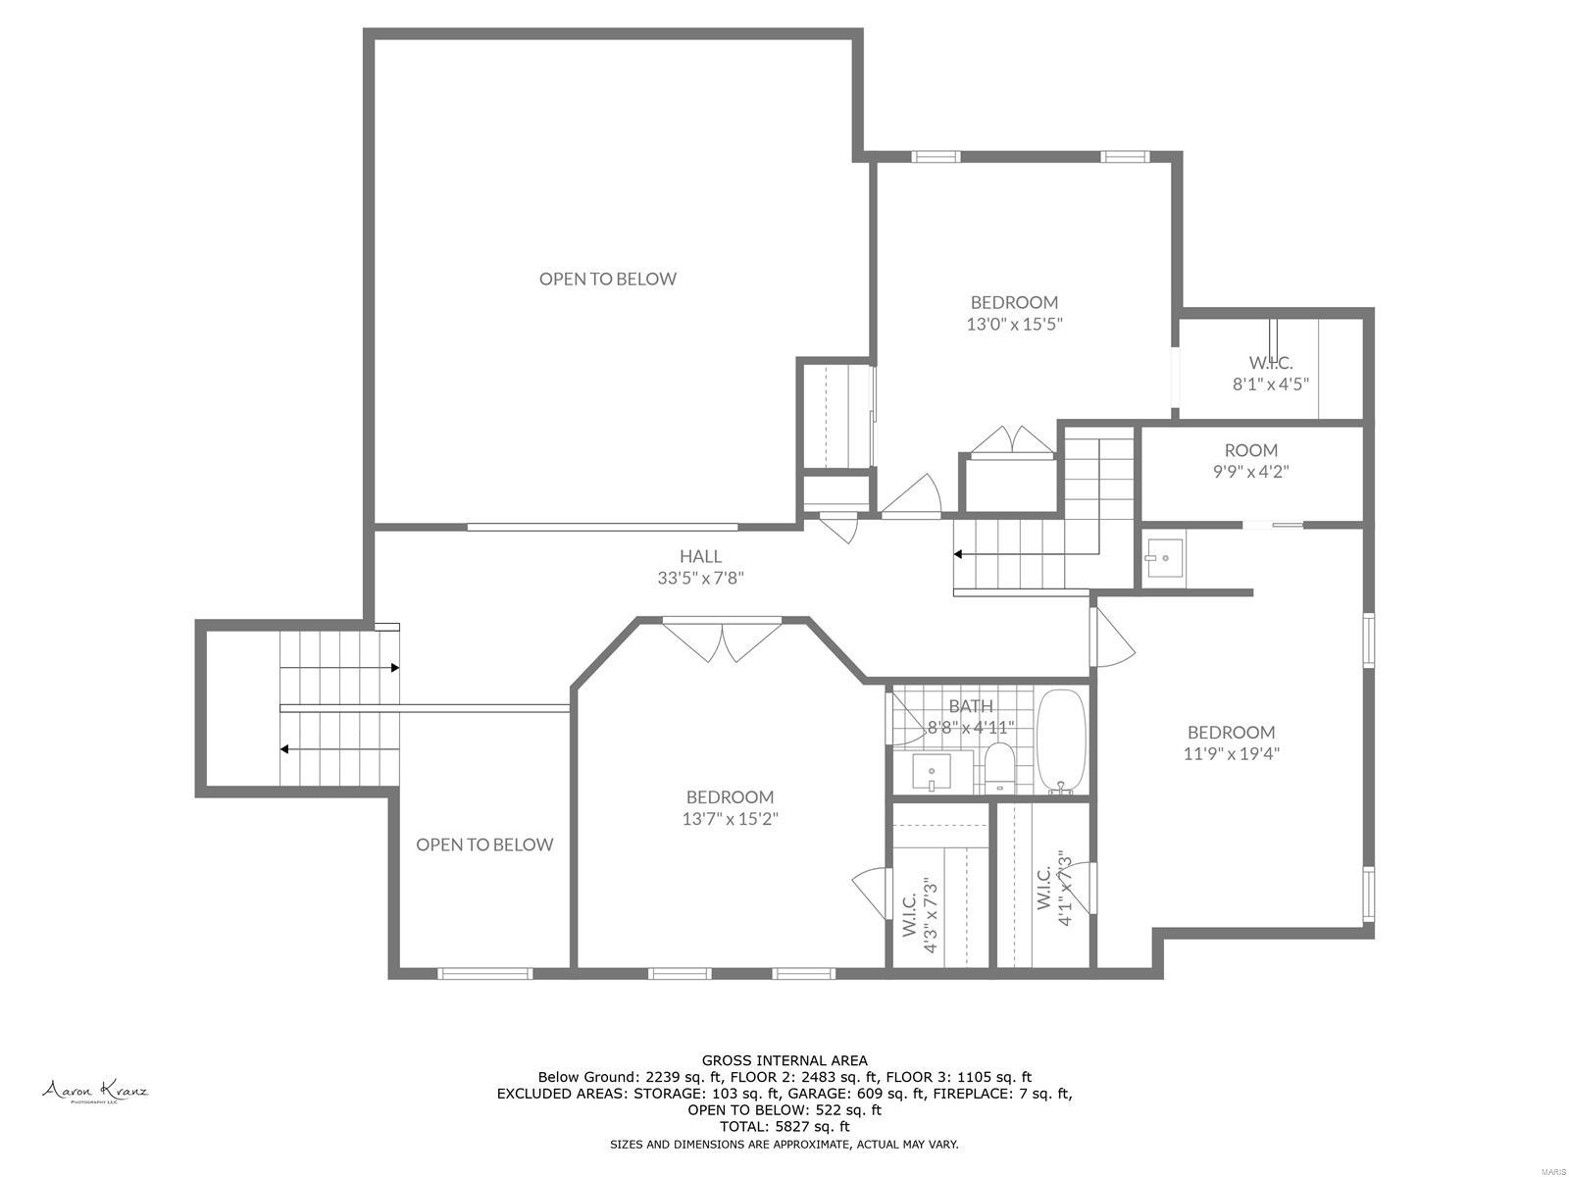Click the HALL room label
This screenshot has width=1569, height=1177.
[700, 556]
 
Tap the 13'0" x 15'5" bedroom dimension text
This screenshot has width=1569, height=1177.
[1014, 324]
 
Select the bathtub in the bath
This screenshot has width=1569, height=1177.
[1062, 742]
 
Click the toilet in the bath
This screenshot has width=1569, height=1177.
[999, 767]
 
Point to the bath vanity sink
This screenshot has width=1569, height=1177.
[932, 772]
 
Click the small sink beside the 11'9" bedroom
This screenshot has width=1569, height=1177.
[1164, 558]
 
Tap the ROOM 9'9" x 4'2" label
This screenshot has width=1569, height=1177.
[1250, 460]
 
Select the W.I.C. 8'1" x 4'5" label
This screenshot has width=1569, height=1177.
[1270, 374]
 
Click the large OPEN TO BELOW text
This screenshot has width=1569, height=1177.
[607, 279]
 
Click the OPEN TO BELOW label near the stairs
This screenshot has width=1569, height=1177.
[484, 844]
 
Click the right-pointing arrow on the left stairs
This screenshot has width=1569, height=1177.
[394, 668]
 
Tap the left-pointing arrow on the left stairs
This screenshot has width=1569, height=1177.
[284, 749]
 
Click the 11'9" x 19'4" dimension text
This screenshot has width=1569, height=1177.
[1231, 753]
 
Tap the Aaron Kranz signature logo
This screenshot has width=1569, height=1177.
[94, 1091]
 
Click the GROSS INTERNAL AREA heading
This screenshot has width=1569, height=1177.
[784, 1060]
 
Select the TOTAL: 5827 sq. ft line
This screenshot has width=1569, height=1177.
[784, 1127]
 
